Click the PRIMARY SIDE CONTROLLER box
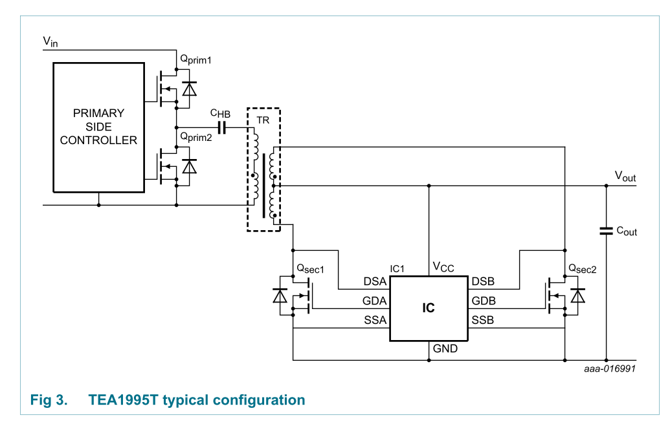pyautogui.click(x=98, y=127)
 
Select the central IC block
pyautogui.click(x=428, y=308)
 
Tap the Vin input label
pyautogui.click(x=50, y=42)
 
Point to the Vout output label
pyautogui.click(x=625, y=176)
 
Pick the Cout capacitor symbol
pyautogui.click(x=606, y=231)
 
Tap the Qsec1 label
pyautogui.click(x=309, y=268)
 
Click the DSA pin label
pyautogui.click(x=375, y=282)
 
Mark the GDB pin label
pyautogui.click(x=484, y=301)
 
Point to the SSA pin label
pyautogui.click(x=375, y=321)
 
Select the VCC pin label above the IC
pyautogui.click(x=443, y=267)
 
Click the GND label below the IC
pyautogui.click(x=445, y=349)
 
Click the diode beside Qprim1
pyautogui.click(x=189, y=89)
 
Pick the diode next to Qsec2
pyautogui.click(x=577, y=295)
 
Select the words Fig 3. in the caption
pyautogui.click(x=49, y=400)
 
